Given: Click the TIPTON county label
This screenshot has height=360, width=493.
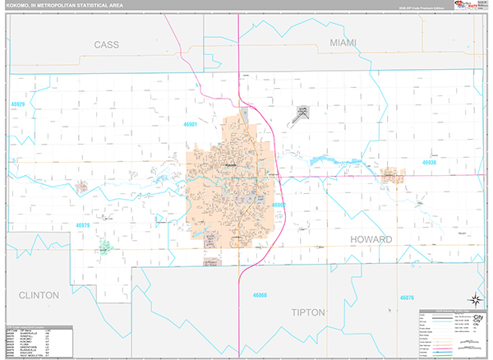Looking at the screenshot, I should pos(310,312).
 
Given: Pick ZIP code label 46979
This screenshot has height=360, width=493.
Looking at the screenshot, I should pos(85,224).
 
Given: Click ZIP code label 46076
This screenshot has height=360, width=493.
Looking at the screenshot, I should pos(407,297).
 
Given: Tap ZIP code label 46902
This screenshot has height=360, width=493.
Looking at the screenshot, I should pos(279,205).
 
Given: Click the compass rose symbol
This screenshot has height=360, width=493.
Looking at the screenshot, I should pos(473,300).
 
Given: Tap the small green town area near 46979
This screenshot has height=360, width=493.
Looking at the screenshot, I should pos(105,245).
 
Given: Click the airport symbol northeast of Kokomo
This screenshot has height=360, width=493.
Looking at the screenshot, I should pos(302,113).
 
